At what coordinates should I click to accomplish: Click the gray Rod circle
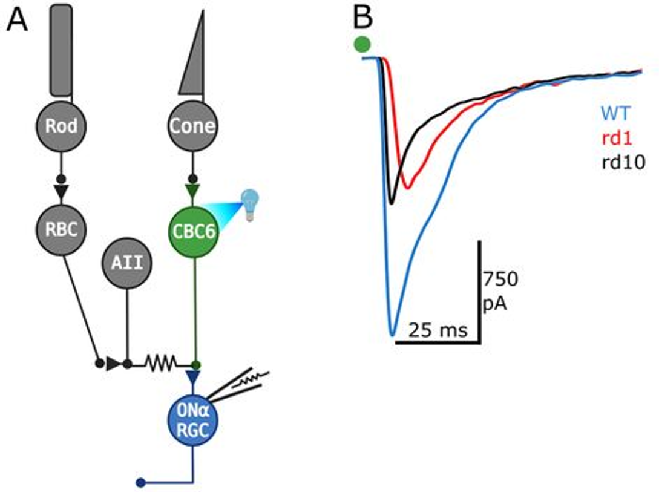pos(60,126)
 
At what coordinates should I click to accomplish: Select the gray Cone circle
pos(192,126)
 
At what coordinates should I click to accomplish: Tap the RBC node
pos(60,230)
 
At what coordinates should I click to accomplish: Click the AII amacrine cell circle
pos(127,263)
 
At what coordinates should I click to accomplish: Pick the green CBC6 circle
pos(193,231)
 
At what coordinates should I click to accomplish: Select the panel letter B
pos(363,18)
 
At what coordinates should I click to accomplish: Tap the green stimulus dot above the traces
pos(362,44)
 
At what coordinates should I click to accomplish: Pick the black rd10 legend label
pos(623,162)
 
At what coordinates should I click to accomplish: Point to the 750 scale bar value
pos(500,279)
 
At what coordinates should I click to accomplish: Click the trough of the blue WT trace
pos(392,333)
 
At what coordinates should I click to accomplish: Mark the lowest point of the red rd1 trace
pos(407,187)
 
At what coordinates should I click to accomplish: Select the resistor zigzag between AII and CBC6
pos(160,364)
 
